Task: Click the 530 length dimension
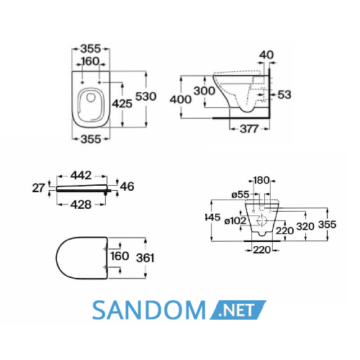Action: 145,96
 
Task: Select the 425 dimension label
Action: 122,104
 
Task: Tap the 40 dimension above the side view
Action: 266,55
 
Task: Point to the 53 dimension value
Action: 284,94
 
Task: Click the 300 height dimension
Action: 204,91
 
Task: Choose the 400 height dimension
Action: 181,99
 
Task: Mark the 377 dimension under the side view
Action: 249,129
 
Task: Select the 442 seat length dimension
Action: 81,176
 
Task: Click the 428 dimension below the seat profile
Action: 81,204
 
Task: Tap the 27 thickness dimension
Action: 38,188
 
